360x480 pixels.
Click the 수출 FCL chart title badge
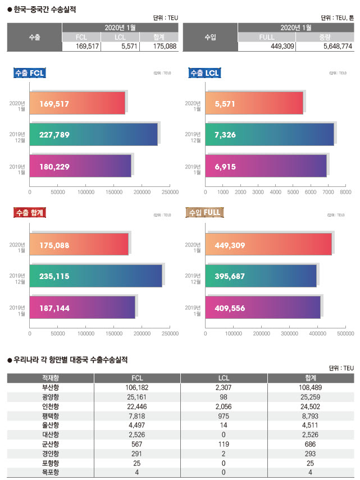click(29, 72)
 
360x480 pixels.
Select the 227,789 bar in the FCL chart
click(93, 134)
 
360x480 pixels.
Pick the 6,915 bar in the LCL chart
click(266, 166)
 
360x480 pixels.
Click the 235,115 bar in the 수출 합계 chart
click(95, 276)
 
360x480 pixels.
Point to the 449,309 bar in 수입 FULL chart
click(268, 244)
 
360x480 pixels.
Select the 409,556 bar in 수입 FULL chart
click(262, 307)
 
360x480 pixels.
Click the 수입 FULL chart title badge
click(204, 212)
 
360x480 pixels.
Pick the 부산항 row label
click(51, 387)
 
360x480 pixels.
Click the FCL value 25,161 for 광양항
click(136, 396)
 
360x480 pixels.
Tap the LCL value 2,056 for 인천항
click(224, 406)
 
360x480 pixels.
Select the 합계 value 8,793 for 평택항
click(310, 415)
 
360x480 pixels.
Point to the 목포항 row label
click(51, 472)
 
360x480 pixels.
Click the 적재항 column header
click(51, 377)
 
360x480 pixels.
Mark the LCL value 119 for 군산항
click(224, 444)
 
